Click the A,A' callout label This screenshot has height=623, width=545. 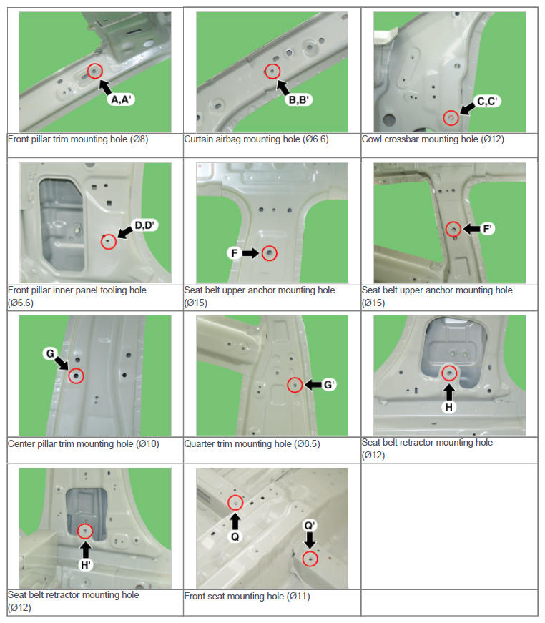[x=121, y=99]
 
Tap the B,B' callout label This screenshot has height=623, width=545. [x=299, y=99]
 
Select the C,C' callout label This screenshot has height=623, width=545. [x=487, y=102]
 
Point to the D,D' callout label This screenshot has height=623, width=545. [x=144, y=225]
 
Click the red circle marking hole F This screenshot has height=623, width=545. [x=270, y=253]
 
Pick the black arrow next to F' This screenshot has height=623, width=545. [x=471, y=228]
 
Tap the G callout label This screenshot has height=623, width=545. [x=50, y=353]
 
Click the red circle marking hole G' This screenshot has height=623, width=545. [x=295, y=385]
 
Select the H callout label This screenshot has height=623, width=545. [x=449, y=407]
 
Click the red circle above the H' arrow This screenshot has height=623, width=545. [x=85, y=531]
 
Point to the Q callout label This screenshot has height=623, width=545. [x=235, y=536]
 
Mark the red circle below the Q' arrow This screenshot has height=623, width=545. [x=310, y=559]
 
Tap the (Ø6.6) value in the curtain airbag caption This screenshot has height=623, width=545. [x=316, y=139]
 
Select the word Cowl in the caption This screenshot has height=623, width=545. [x=371, y=139]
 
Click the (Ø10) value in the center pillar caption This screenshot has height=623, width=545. [x=148, y=443]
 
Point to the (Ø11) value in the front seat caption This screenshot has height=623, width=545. [x=298, y=596]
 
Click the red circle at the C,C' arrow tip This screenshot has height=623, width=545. [x=451, y=117]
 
